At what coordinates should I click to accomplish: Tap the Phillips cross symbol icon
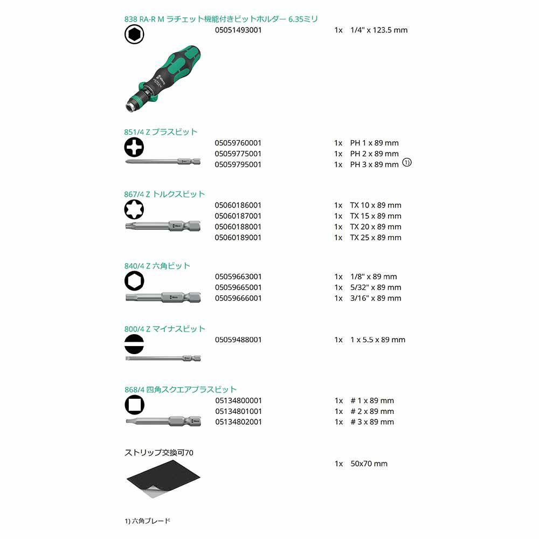[x=134, y=147]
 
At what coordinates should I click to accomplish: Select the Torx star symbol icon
[x=134, y=209]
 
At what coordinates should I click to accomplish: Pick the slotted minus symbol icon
[x=134, y=343]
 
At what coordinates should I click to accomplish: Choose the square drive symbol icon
[x=134, y=404]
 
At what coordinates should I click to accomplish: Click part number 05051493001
[x=238, y=30]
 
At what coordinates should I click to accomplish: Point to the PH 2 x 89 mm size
[x=374, y=154]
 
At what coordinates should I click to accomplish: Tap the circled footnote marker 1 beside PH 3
[x=407, y=163]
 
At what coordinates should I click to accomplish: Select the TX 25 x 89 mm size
[x=376, y=237]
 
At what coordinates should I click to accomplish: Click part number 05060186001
[x=238, y=205]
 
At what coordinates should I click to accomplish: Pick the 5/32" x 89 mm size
[x=376, y=287]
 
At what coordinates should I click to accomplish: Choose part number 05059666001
[x=238, y=298]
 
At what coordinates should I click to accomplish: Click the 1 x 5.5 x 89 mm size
[x=377, y=340]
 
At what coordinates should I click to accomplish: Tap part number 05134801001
[x=238, y=411]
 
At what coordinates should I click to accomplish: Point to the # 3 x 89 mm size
[x=372, y=422]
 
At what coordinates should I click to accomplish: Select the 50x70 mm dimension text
[x=369, y=464]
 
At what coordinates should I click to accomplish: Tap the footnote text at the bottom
[x=147, y=521]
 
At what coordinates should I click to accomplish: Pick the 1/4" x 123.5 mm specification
[x=378, y=30]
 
